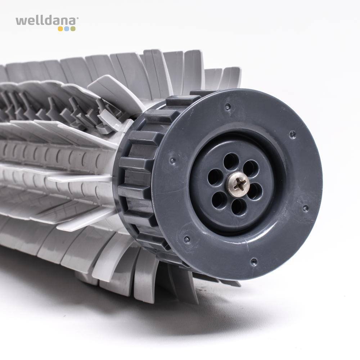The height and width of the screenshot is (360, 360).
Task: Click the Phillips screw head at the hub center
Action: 239,184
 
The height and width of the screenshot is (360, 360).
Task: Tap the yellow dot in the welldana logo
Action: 60,29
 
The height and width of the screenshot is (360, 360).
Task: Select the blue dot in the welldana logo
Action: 67,29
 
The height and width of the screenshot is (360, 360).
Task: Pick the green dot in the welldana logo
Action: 73,29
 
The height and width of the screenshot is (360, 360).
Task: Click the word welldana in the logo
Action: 46,21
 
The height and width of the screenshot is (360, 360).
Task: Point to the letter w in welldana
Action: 21,22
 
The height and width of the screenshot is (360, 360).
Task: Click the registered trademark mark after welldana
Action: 77,18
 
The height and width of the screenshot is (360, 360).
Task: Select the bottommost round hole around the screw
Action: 239,207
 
